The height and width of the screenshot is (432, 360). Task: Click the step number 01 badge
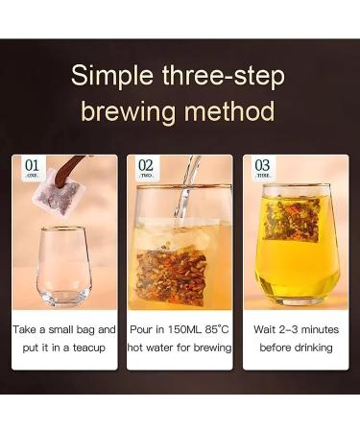pos(32,167)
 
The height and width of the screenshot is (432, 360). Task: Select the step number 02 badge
pos(146,167)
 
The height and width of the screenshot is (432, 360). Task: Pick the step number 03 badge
pos(262,167)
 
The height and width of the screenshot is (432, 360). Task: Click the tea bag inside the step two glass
pos(180,263)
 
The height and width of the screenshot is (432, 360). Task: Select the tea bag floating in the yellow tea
pos(294,220)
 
